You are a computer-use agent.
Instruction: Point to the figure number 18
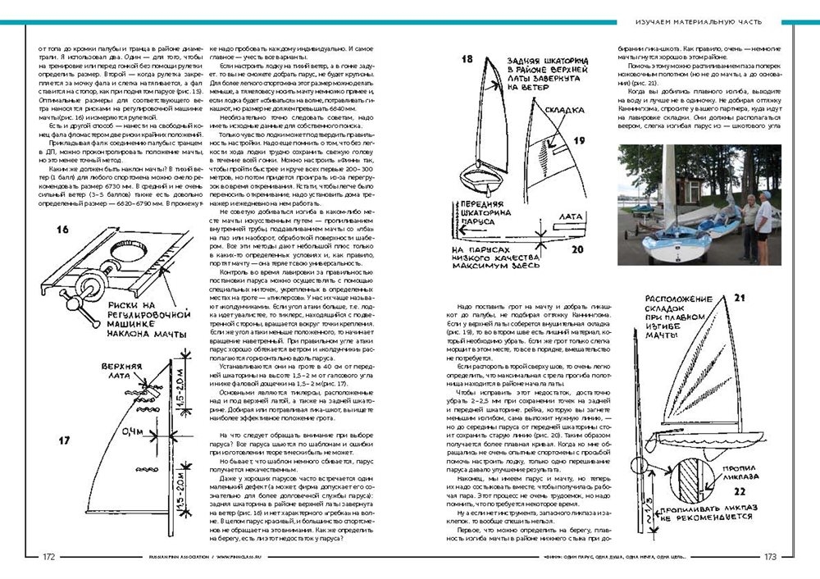coord(467,59)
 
